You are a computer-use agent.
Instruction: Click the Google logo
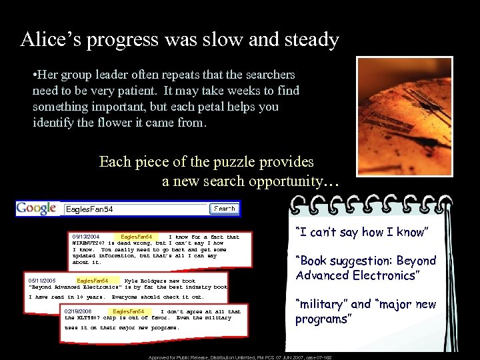(x=37, y=209)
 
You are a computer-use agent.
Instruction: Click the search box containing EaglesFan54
(x=133, y=209)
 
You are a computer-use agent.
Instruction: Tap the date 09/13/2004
(x=86, y=237)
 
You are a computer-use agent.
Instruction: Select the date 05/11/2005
(x=43, y=281)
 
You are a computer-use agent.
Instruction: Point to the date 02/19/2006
(x=79, y=311)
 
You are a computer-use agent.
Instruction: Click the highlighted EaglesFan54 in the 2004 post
(x=137, y=237)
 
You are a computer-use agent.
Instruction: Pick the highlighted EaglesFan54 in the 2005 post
(x=93, y=281)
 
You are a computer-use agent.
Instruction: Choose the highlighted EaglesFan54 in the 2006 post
(x=129, y=311)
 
